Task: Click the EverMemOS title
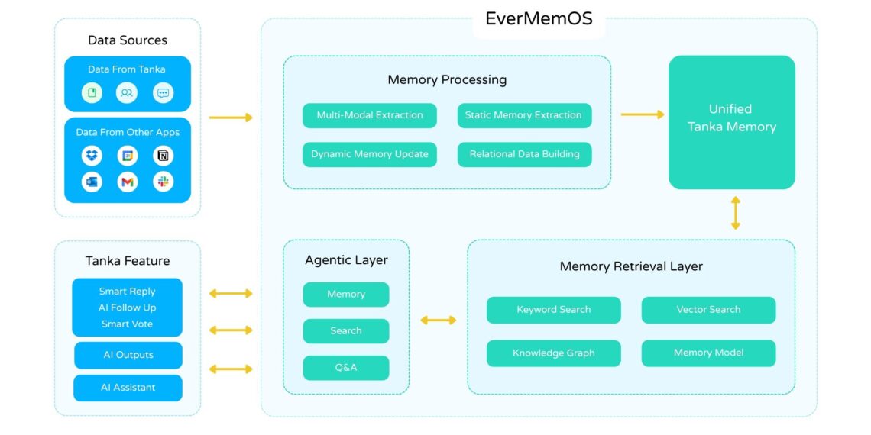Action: coord(539,19)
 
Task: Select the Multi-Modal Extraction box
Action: coord(370,115)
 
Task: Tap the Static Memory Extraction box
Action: coord(524,115)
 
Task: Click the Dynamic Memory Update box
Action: coord(370,154)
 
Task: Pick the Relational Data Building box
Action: coord(524,154)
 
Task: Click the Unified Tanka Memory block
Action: coord(731,122)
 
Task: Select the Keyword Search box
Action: coord(553,310)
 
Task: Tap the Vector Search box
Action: coord(708,310)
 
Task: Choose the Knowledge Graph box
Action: coord(553,353)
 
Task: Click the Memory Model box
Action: coord(708,353)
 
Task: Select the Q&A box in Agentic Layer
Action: coord(346,368)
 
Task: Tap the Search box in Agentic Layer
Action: coord(346,331)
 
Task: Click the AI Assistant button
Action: coord(128,388)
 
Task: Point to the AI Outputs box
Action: coord(128,355)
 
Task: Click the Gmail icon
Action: coord(128,182)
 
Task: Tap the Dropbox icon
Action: coord(92,156)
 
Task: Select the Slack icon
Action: coord(163,182)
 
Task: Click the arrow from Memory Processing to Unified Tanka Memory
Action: coord(642,114)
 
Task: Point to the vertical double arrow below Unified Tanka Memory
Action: coord(735,213)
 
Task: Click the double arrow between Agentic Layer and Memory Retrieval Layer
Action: coord(438,320)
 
